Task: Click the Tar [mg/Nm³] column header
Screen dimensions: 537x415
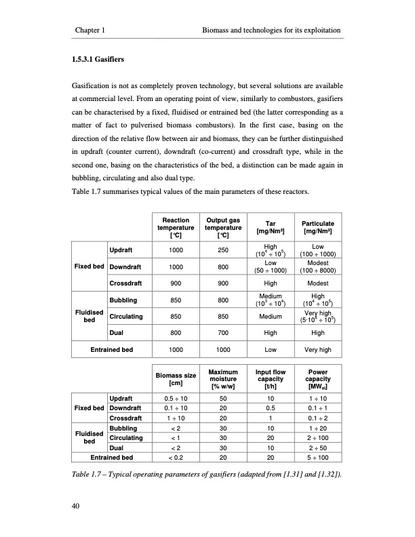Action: pos(269,226)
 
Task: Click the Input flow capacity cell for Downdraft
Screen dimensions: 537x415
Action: pos(269,407)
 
